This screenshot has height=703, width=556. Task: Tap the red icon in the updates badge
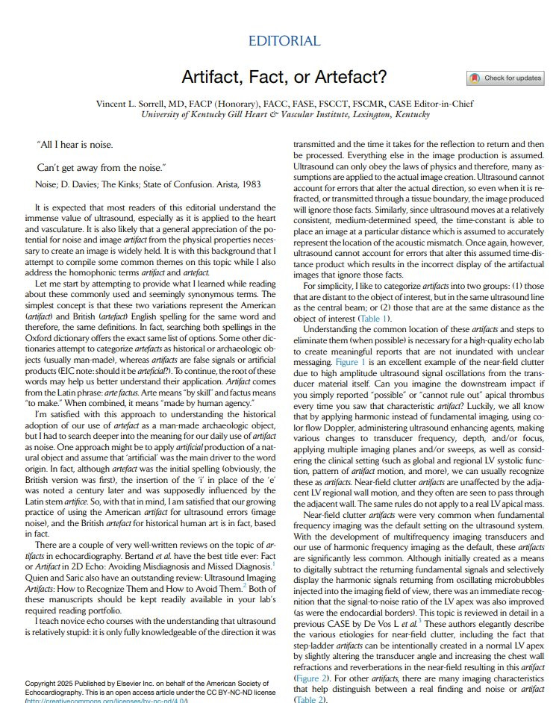(475, 78)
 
